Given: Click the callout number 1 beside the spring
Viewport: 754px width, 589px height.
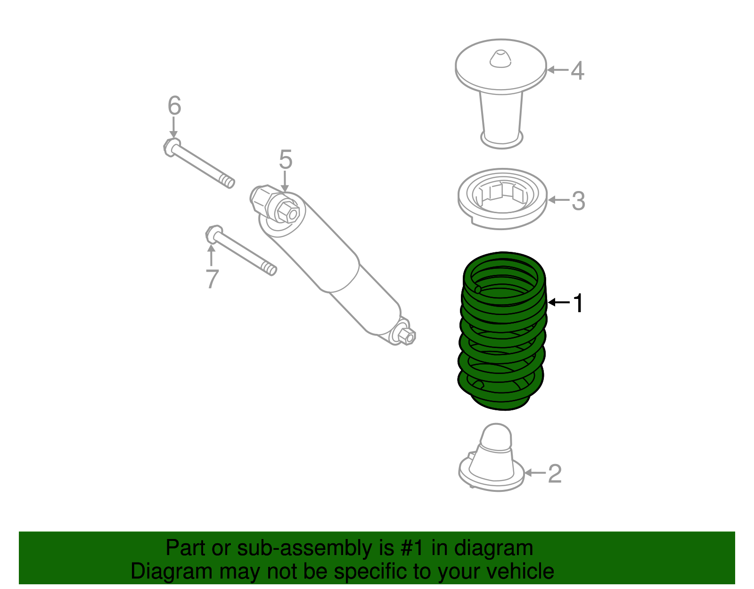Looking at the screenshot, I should [578, 303].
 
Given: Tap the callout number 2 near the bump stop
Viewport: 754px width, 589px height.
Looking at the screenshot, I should [555, 473].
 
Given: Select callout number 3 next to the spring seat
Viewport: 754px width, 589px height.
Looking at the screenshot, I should [578, 201].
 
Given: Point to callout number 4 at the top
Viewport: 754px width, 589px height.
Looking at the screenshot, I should [577, 71].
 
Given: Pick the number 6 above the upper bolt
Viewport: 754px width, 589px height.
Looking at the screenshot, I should [174, 106].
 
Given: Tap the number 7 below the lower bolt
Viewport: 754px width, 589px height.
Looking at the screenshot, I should [212, 279].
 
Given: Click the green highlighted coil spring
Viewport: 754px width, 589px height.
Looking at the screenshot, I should [502, 330].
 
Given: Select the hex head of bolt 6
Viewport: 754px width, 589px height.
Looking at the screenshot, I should [171, 147].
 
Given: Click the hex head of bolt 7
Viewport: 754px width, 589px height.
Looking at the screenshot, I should [213, 233].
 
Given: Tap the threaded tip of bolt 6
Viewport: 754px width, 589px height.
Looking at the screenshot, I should [228, 181].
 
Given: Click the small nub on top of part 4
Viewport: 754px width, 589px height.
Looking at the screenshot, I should [500, 58].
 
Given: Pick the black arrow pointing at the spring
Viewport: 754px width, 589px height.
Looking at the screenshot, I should [558, 302].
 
